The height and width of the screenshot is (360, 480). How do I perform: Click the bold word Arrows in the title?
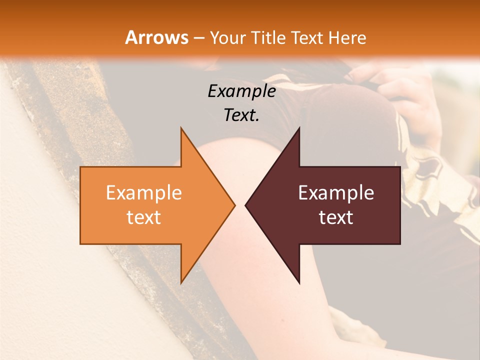coord(156,37)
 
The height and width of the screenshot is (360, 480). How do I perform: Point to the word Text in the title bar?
coord(308,37)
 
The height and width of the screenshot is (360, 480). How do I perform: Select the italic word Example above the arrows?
coord(241,91)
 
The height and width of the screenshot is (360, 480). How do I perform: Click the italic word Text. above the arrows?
coord(240,115)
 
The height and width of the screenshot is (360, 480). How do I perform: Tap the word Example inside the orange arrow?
coord(144,193)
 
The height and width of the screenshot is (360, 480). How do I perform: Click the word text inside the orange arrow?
coord(144,217)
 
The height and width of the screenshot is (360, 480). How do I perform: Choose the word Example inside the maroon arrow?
coord(336,193)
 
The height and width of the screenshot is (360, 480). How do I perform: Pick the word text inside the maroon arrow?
coord(336,217)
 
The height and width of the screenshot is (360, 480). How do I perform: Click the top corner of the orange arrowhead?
coord(181,128)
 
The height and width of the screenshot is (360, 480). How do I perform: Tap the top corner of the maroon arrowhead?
coord(299,128)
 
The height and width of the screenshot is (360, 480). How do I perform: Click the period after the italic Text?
coord(257,120)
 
